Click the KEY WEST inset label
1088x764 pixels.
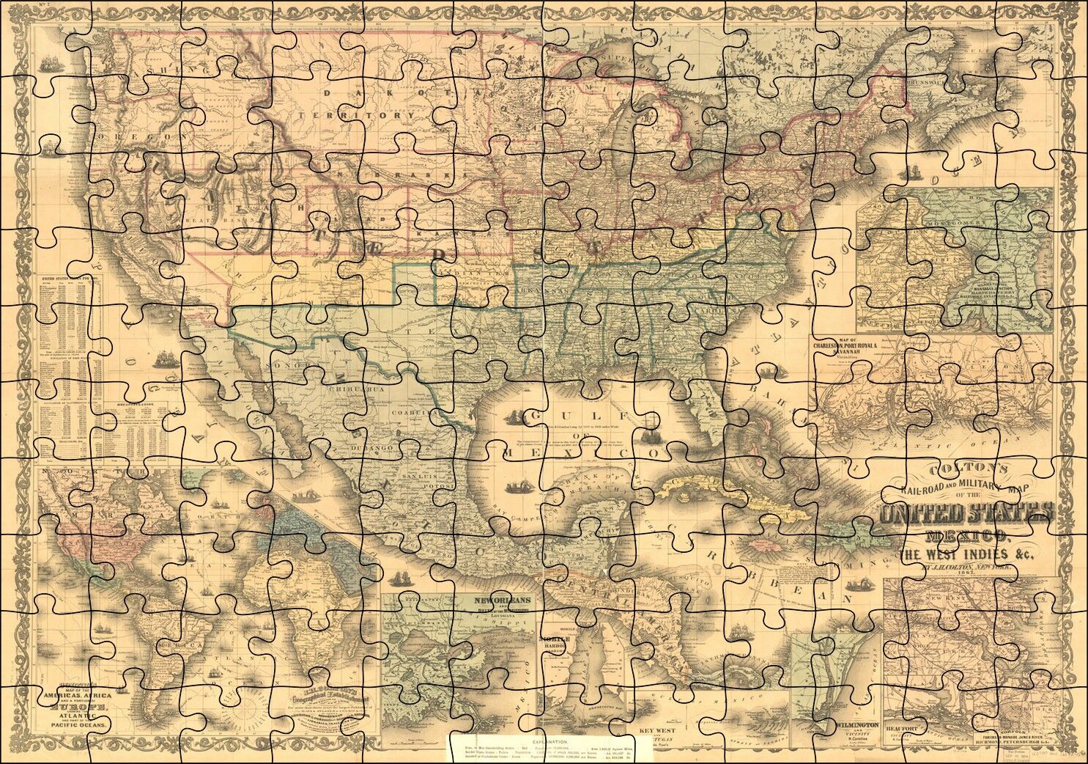coord(656,731)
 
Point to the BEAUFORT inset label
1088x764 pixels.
coord(902,727)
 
